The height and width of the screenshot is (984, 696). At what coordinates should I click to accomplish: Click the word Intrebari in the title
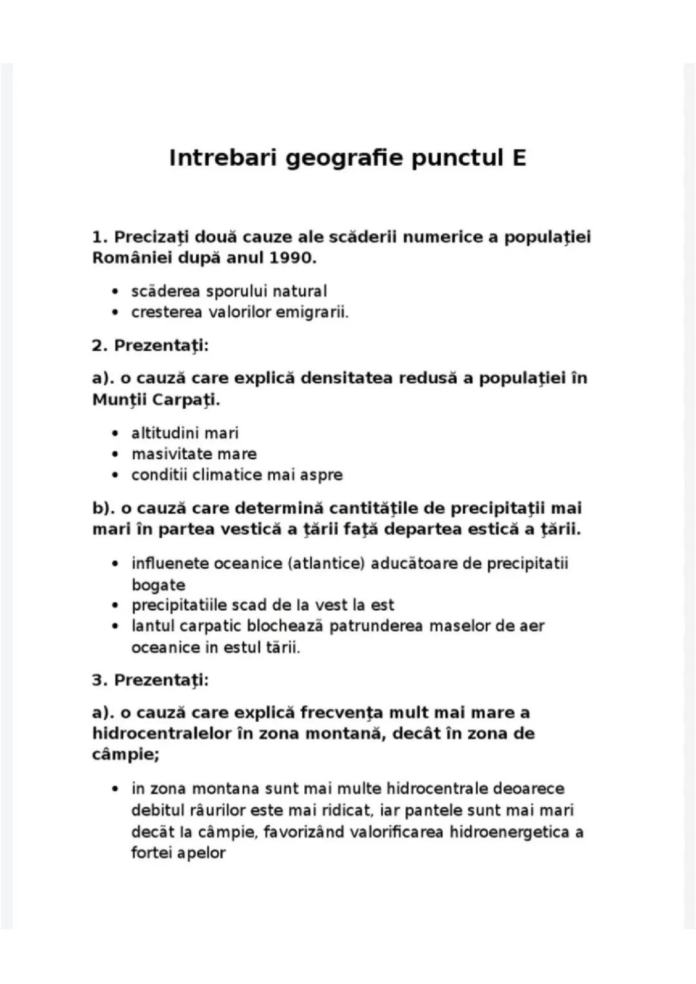coord(222,158)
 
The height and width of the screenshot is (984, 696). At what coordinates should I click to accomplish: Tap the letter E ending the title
coord(519,158)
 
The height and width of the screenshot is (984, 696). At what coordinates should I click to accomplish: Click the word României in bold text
coord(125,258)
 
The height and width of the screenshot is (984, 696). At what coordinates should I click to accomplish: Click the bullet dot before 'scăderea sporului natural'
coord(115,292)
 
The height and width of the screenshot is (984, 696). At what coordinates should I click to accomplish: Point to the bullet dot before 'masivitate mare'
coord(115,455)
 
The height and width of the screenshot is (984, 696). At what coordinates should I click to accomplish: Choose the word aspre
coord(322,475)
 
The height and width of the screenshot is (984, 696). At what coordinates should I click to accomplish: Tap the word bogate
coord(158,585)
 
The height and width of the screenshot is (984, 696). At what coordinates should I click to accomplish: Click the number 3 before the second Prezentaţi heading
coord(98,680)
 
